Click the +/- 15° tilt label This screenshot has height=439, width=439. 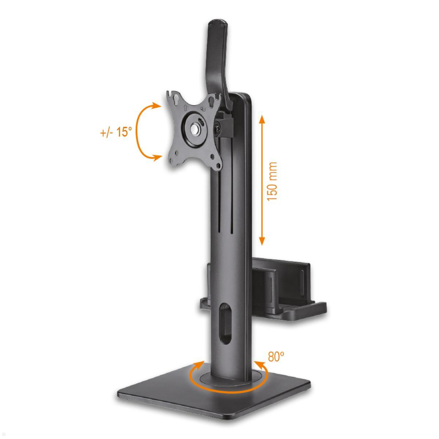pyautogui.click(x=116, y=132)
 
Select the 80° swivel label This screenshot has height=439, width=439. pyautogui.click(x=276, y=356)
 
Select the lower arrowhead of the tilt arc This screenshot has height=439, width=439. pyautogui.click(x=157, y=157)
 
